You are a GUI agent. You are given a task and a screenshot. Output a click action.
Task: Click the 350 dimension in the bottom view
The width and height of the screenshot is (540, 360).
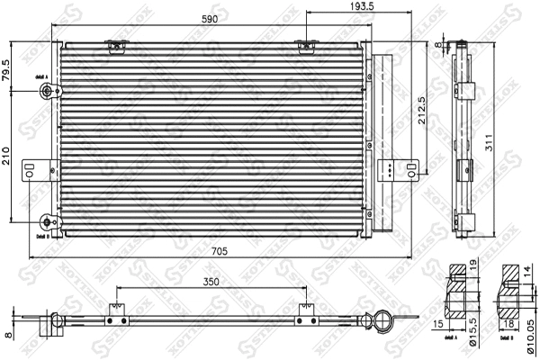(x=211, y=282)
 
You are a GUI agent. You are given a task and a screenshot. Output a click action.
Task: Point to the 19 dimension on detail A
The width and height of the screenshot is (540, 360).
(x=472, y=267)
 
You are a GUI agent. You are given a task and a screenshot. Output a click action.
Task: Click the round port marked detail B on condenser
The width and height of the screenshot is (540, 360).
(x=47, y=221)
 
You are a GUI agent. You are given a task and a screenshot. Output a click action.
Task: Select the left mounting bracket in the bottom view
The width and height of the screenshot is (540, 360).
(x=113, y=318)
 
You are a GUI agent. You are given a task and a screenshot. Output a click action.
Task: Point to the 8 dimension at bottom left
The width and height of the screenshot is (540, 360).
(x=7, y=335)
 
